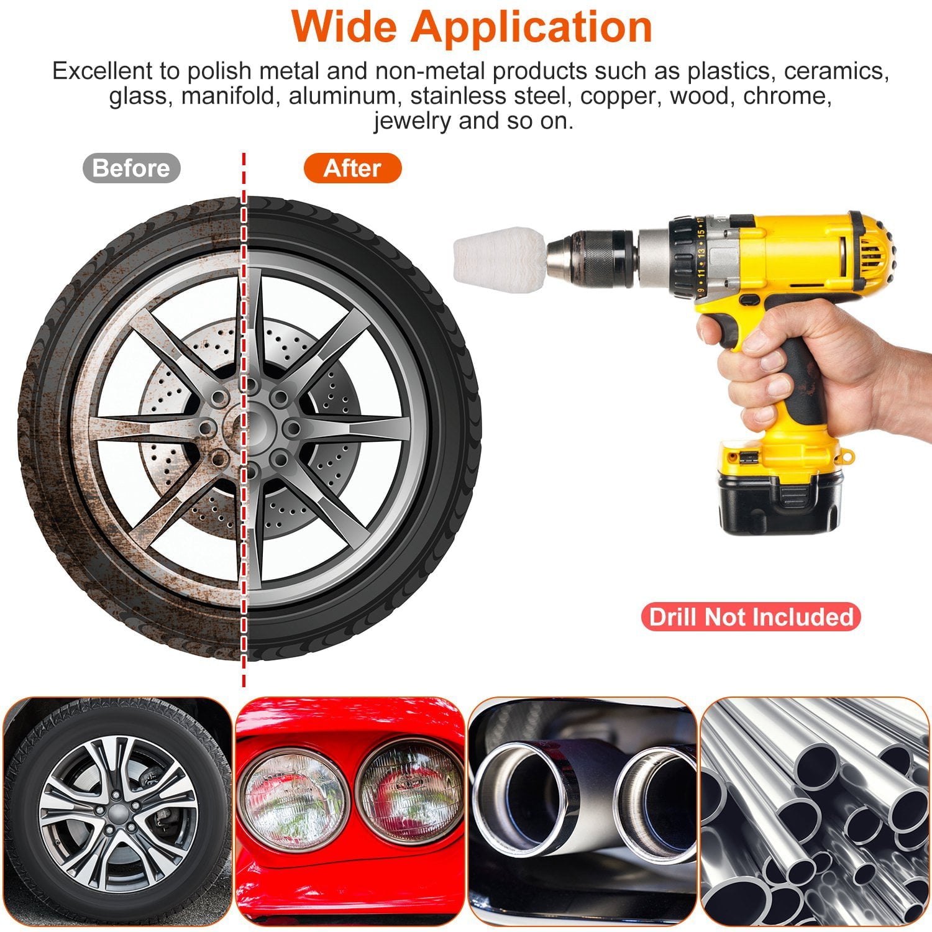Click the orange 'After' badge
pos(352,168)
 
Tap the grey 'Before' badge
pos(131,168)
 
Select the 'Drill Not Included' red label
pos(751,617)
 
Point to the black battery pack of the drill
pos(780,502)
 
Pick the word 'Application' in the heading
pos(531,26)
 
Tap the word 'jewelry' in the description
pos(413,121)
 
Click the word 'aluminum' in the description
pos(342,96)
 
